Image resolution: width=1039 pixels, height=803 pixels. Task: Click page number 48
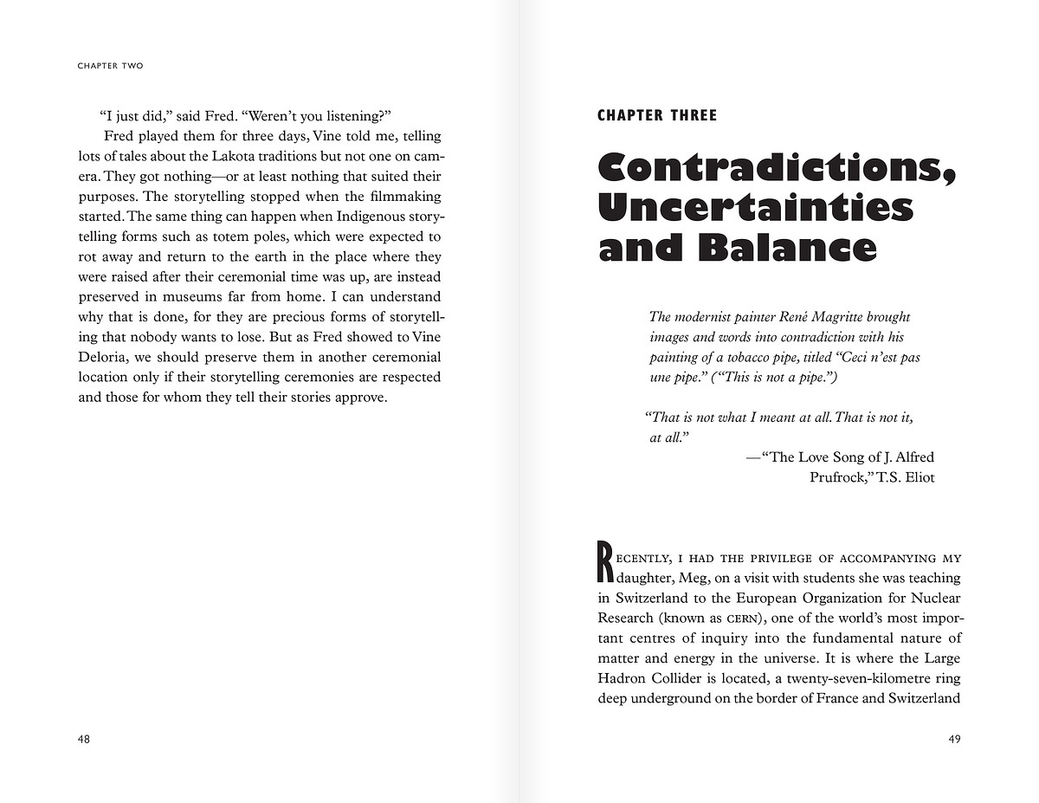click(84, 739)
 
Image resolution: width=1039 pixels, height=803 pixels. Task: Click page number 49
click(954, 739)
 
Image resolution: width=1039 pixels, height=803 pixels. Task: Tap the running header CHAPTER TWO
click(110, 66)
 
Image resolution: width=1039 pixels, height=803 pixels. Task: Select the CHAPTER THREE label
click(657, 115)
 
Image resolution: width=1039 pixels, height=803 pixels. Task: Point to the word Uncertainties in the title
click(756, 208)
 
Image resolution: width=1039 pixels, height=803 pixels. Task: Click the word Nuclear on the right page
click(936, 598)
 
